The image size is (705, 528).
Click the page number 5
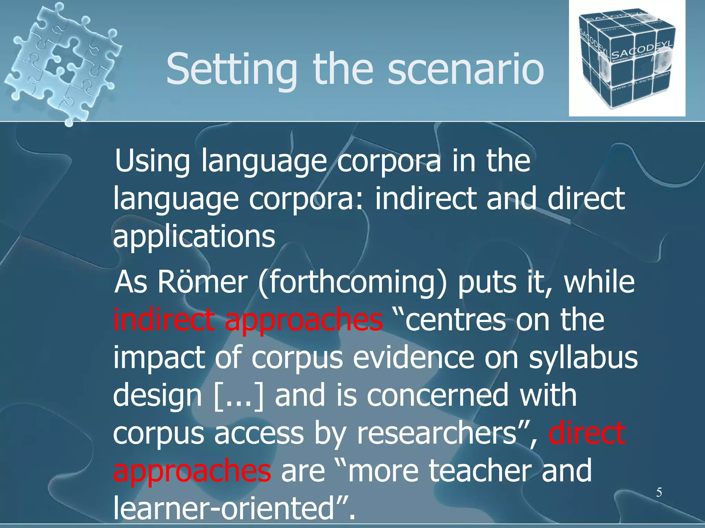point(659,492)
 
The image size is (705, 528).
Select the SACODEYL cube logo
point(627,58)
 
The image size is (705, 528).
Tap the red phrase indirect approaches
point(248,320)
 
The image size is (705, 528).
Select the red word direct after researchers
point(587,433)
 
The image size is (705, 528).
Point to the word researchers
point(436,433)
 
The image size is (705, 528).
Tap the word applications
point(194,237)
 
